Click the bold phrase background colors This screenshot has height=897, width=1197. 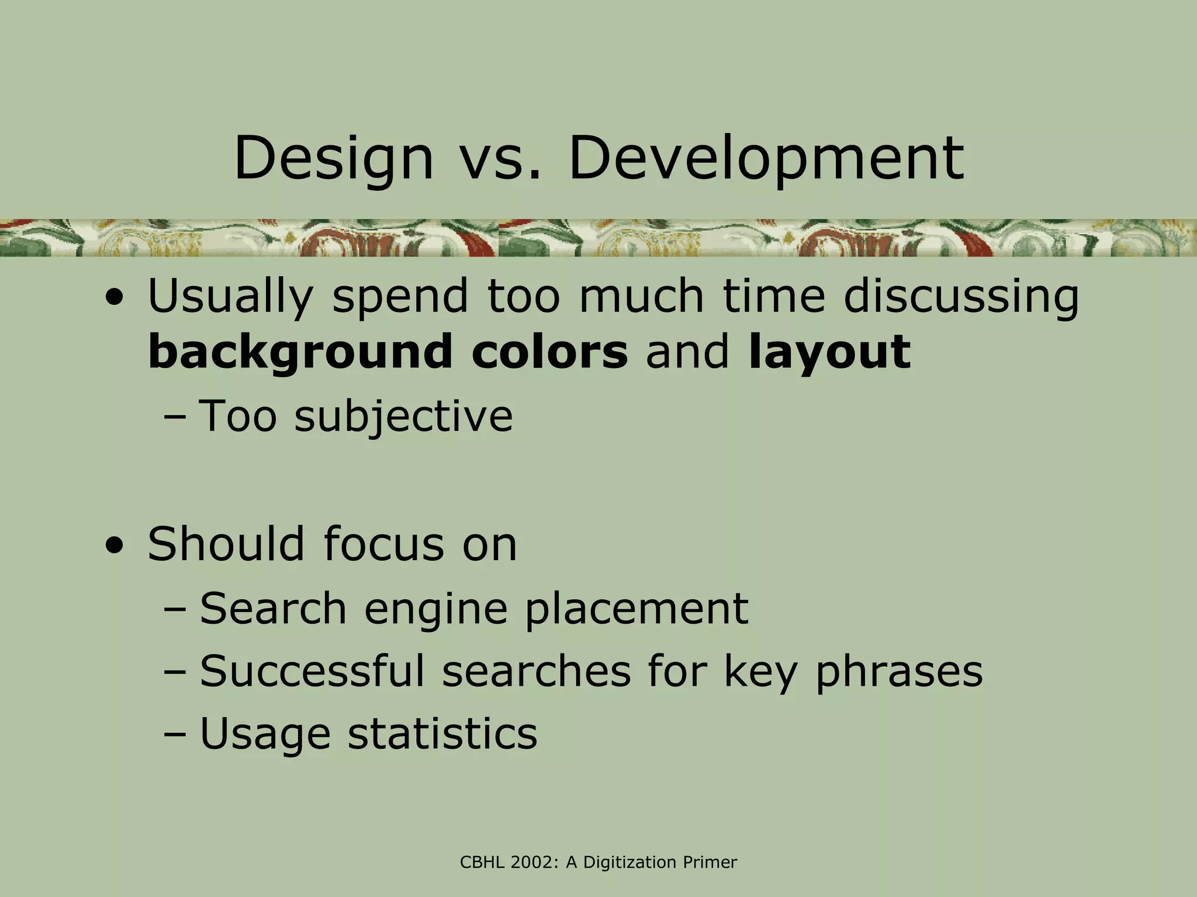click(x=388, y=352)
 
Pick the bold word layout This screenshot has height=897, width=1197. click(x=829, y=352)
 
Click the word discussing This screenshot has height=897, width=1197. click(x=961, y=297)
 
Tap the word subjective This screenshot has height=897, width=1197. click(x=403, y=416)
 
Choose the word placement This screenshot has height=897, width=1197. click(x=636, y=609)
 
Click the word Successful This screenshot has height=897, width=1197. click(x=312, y=671)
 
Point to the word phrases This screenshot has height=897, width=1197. click(x=899, y=671)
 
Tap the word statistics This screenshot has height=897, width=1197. click(x=442, y=733)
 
